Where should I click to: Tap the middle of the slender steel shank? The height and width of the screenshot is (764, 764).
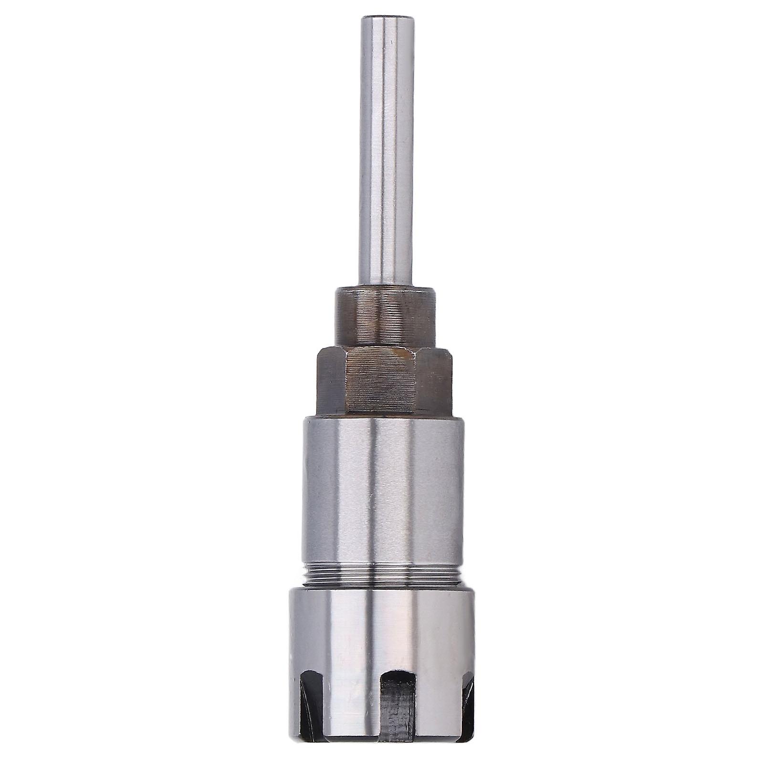386,153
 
